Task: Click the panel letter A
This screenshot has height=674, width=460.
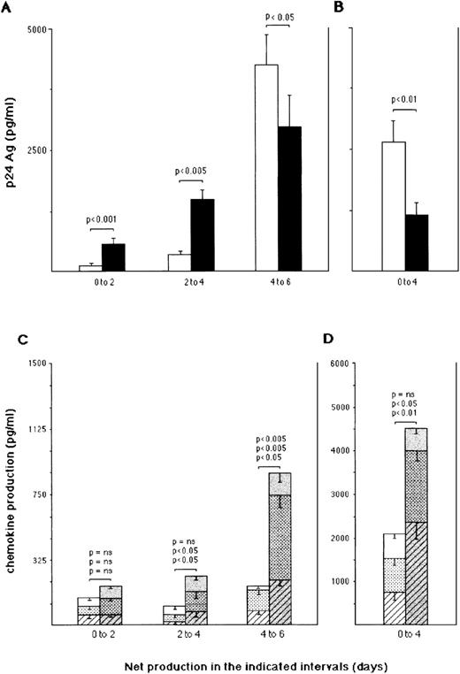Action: (x=8, y=8)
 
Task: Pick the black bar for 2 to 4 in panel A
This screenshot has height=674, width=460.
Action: (x=203, y=234)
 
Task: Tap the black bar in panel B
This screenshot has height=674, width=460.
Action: (x=416, y=241)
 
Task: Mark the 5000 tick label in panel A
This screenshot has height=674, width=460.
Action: (x=36, y=30)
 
